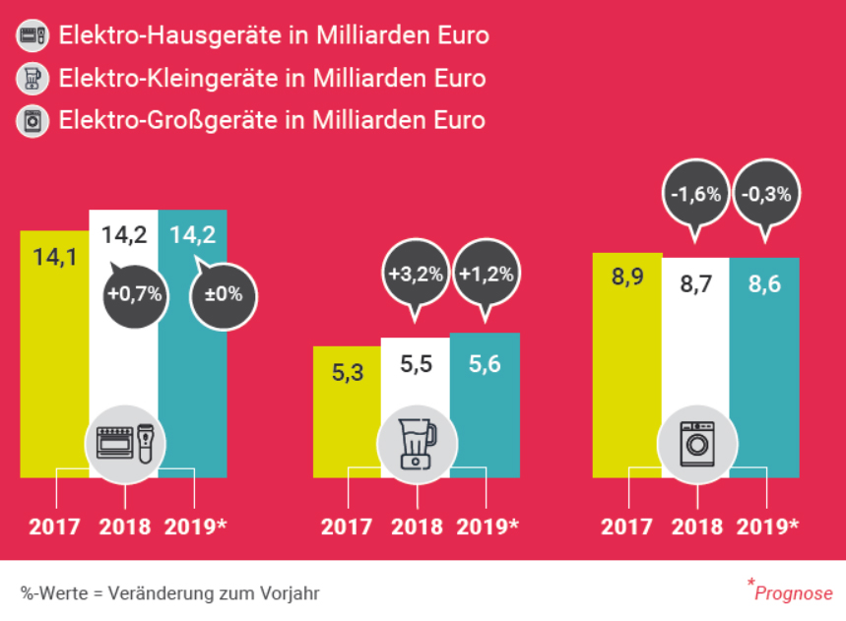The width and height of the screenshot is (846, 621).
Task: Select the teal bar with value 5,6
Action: point(485,413)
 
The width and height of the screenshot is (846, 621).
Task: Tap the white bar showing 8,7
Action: point(695,364)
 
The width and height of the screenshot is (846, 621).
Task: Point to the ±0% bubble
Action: point(223,292)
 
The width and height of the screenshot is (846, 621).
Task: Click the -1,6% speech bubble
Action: point(695,194)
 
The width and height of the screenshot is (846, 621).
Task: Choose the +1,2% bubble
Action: point(486,274)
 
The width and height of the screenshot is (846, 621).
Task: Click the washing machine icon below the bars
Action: point(695,443)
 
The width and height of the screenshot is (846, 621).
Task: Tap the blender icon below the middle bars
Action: point(416,444)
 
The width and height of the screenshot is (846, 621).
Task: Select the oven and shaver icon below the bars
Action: point(126,444)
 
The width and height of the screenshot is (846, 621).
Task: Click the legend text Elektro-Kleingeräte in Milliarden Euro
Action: point(273,78)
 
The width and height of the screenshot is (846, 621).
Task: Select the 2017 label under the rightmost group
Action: point(626,526)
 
